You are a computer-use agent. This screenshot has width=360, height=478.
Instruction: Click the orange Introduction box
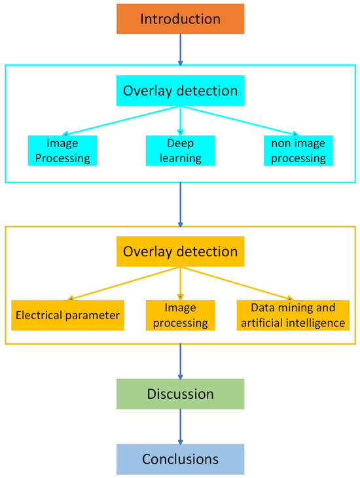click(x=179, y=18)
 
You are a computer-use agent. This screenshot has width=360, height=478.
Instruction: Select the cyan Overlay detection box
click(x=179, y=91)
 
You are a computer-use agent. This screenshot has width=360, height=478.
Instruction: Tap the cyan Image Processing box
click(x=62, y=150)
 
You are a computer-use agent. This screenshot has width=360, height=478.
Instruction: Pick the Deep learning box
click(x=179, y=150)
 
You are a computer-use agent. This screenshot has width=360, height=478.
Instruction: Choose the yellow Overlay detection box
click(x=179, y=251)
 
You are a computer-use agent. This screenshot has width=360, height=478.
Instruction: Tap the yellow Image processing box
click(x=179, y=315)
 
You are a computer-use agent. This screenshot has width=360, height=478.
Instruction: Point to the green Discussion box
click(x=179, y=394)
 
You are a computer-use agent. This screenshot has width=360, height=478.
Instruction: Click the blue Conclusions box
click(x=179, y=459)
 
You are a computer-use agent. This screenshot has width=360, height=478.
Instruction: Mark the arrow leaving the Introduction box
click(x=179, y=50)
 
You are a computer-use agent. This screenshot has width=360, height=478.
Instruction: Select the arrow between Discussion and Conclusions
click(x=179, y=426)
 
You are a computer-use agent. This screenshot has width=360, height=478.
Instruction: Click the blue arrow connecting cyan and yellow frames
click(x=179, y=204)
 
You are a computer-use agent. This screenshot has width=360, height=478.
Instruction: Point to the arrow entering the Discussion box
click(x=179, y=362)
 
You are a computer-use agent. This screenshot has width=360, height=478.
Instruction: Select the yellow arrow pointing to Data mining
click(x=236, y=282)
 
